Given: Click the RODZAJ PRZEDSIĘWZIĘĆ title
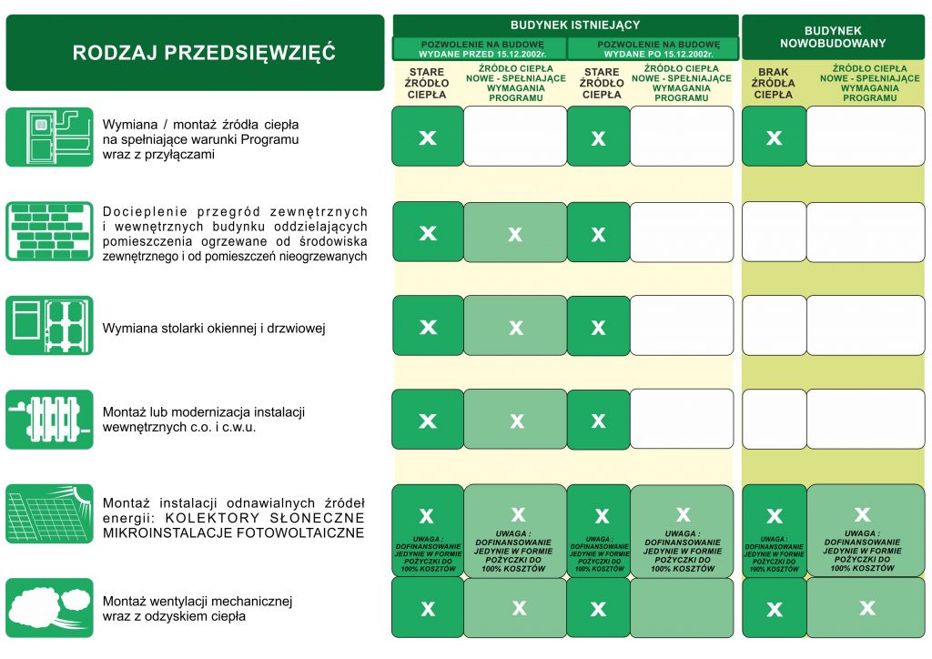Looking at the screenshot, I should [204, 53].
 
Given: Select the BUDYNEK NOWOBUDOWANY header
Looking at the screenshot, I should [832, 36].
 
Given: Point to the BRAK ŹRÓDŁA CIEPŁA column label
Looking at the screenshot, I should [773, 83].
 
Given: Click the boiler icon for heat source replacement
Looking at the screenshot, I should [49, 137].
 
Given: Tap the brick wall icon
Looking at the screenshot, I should [49, 231].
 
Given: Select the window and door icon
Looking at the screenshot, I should [49, 325].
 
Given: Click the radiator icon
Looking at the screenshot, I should [49, 420].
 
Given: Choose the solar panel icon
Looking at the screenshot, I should [49, 516].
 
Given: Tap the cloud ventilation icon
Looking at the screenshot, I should [49, 607].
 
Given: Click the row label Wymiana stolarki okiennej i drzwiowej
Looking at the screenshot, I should [214, 329].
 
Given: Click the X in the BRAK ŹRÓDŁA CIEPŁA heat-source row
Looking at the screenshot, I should [774, 137].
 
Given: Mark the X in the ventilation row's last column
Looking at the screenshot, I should [866, 607].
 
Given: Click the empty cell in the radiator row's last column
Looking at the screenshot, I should [865, 420].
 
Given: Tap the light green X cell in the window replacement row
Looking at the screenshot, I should [515, 327].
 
